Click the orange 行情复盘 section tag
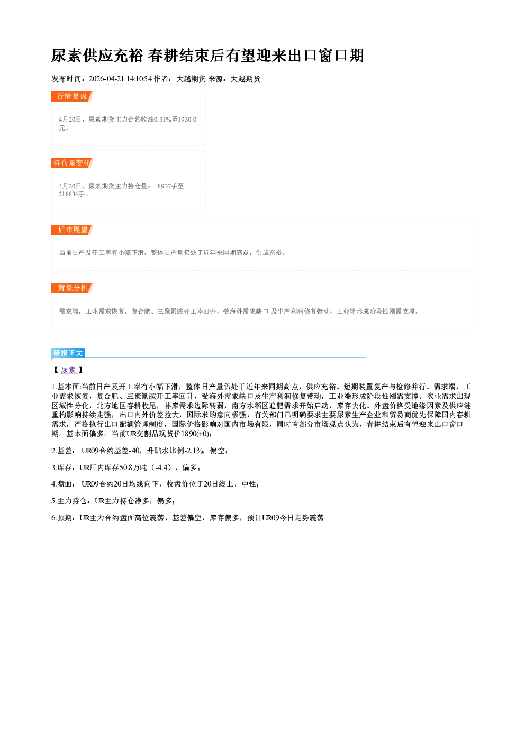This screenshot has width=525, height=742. point(72,96)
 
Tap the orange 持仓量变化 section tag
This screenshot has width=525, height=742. point(72,163)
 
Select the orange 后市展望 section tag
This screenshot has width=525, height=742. point(72,230)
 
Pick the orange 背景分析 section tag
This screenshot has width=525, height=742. point(72,288)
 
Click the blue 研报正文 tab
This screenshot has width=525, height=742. point(68,353)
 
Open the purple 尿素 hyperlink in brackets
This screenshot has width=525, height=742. point(69,370)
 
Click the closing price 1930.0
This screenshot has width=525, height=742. point(187,120)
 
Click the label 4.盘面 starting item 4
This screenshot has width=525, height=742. point(61,484)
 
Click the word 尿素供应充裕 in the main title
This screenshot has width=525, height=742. point(97,56)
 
